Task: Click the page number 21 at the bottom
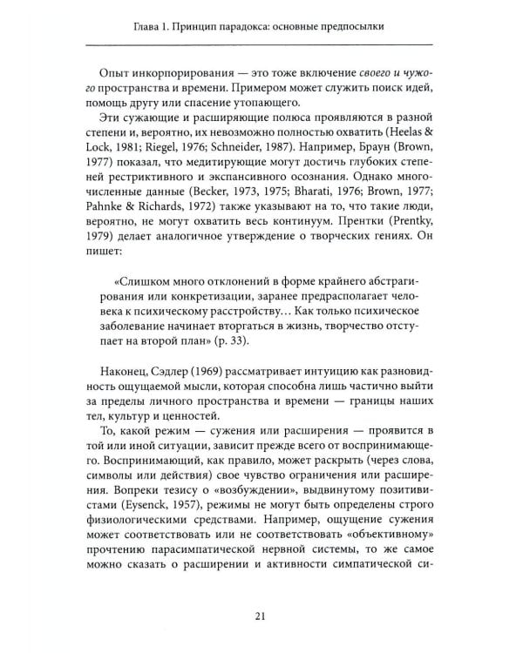point(260,617)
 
